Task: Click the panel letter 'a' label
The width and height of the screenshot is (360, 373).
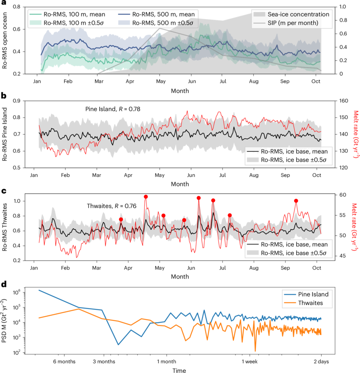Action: [3, 3]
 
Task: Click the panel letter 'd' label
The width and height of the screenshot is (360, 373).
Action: [3, 284]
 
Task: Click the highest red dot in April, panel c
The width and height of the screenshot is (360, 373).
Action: [146, 197]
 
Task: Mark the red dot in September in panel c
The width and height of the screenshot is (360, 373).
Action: [296, 201]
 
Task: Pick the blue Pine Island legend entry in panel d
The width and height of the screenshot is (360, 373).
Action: [303, 294]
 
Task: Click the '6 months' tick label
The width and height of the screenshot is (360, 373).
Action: [64, 362]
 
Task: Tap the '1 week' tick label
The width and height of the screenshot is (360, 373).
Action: [250, 362]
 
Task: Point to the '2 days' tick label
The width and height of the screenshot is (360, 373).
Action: [321, 362]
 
